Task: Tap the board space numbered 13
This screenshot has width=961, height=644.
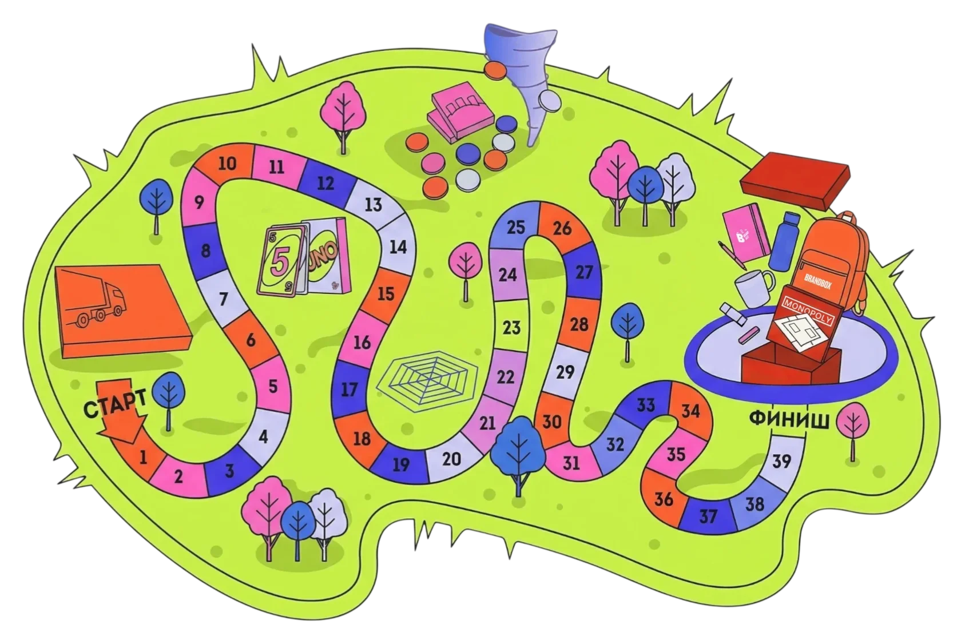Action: [373, 204]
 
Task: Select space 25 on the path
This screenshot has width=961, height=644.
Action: [516, 227]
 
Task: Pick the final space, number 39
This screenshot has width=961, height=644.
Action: [781, 460]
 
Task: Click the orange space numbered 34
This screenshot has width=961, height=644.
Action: [690, 411]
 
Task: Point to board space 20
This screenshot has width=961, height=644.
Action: [451, 459]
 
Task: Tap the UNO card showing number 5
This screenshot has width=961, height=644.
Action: [280, 262]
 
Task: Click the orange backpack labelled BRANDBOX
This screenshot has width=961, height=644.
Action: [829, 257]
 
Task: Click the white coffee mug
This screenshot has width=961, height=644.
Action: [754, 286]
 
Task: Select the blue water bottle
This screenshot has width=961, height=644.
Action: [784, 240]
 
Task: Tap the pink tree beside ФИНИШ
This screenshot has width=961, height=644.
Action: [852, 423]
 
